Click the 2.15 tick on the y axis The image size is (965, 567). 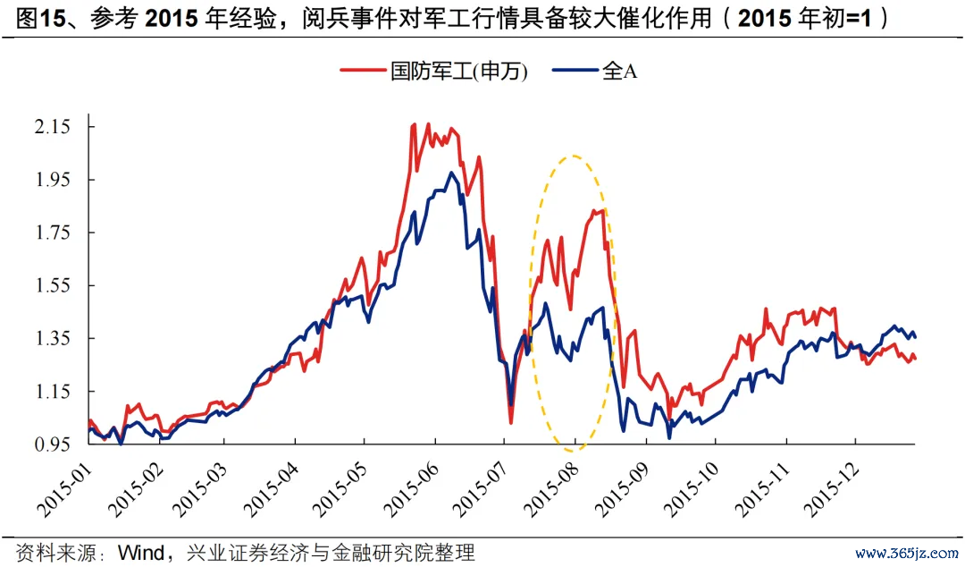coord(53,127)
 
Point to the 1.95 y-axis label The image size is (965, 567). coord(53,180)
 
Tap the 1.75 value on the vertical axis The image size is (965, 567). coord(53,233)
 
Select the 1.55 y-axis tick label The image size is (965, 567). coord(53,285)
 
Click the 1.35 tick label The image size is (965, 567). coord(53,338)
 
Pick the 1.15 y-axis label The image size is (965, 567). coord(53,392)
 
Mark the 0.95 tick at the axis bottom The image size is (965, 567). coord(53,444)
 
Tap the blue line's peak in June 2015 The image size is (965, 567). coord(451,172)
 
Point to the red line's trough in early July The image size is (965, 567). coord(511,422)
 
